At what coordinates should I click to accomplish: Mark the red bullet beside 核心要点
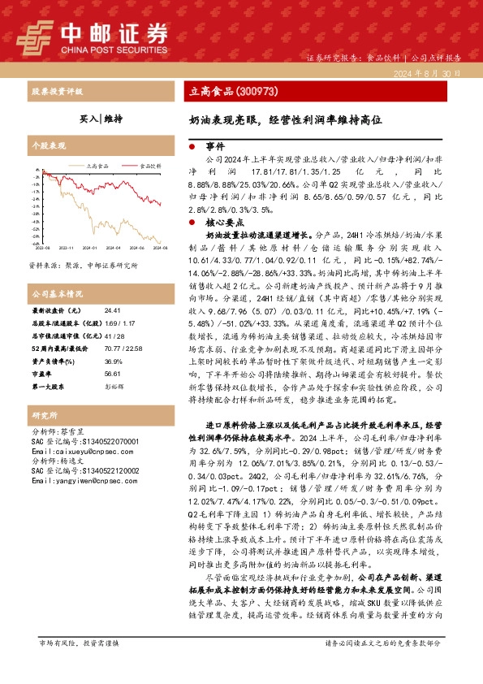(191, 221)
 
